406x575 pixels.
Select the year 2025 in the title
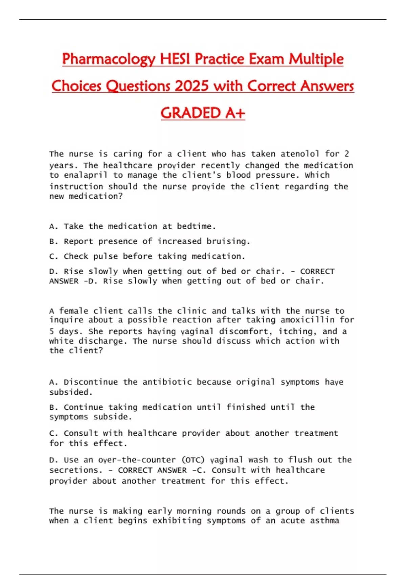point(191,86)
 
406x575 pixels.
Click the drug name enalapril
point(86,175)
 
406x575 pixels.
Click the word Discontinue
point(91,382)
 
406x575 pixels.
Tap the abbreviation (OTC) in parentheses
point(193,460)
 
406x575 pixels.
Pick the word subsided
point(71,392)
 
